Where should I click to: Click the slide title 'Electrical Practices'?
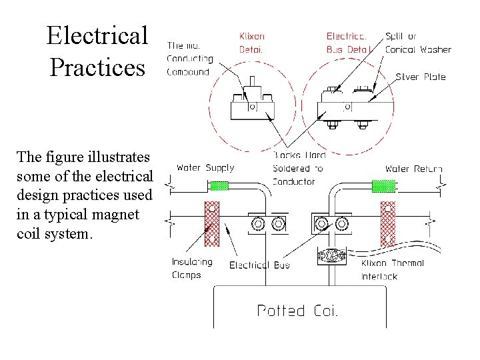click(97, 51)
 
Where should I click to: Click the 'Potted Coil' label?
click(297, 310)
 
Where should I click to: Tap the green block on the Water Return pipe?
click(383, 185)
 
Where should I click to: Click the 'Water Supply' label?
click(205, 168)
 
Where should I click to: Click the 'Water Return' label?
click(413, 168)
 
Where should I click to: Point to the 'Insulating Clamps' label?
click(192, 269)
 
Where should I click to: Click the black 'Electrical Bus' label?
click(259, 265)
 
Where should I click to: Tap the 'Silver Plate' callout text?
click(421, 77)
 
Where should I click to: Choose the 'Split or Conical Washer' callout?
click(418, 43)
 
